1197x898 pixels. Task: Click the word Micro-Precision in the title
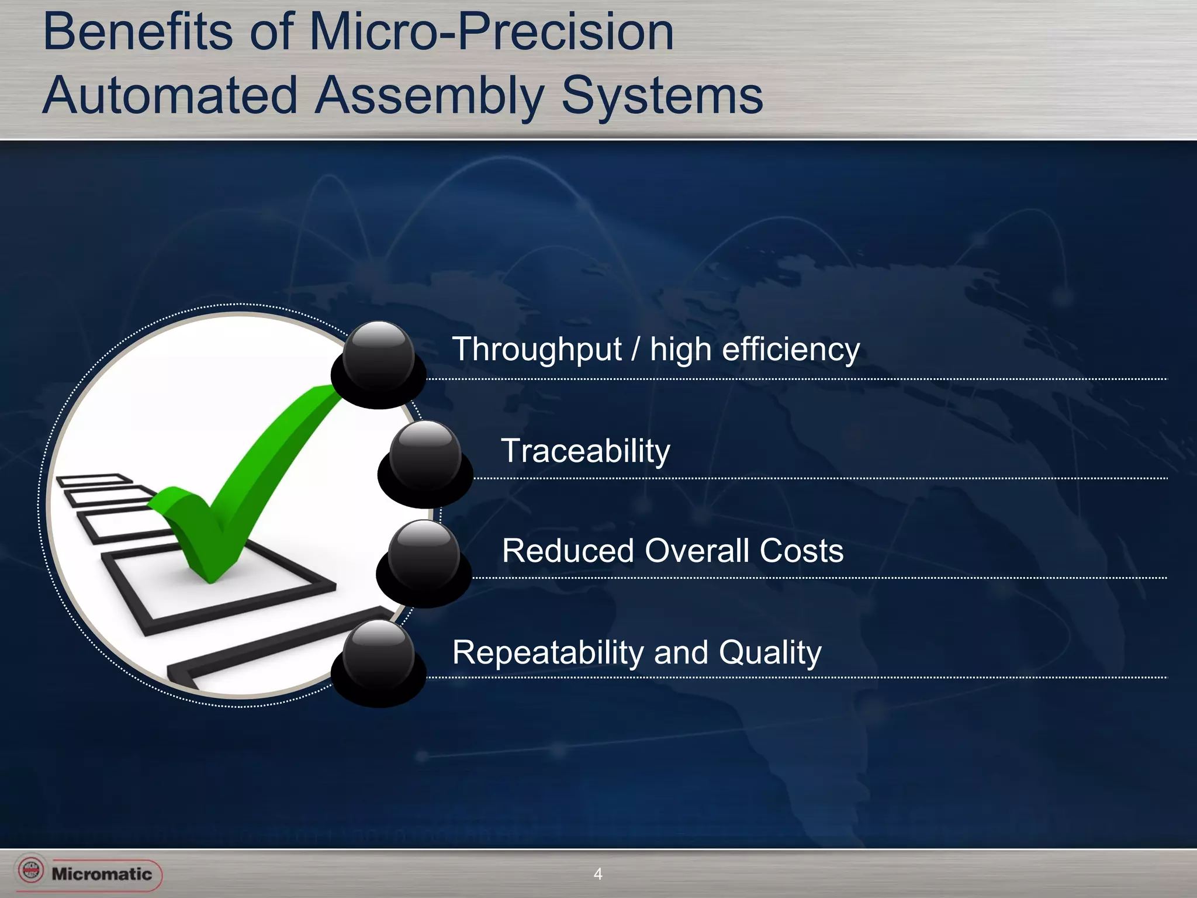pos(491,32)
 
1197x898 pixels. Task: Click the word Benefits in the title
pos(138,32)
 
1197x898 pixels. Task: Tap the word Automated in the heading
pos(170,95)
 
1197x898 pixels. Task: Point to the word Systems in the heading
pos(662,95)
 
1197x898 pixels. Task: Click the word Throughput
pos(537,350)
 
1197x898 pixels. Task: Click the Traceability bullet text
pos(586,451)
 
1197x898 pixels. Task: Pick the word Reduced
pos(568,551)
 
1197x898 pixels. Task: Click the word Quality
pos(770,652)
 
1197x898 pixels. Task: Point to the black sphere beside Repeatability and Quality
pos(379,657)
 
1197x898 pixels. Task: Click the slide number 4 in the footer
pos(597,874)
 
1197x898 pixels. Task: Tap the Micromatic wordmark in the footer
pos(102,874)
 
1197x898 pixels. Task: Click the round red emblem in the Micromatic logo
pos(31,870)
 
